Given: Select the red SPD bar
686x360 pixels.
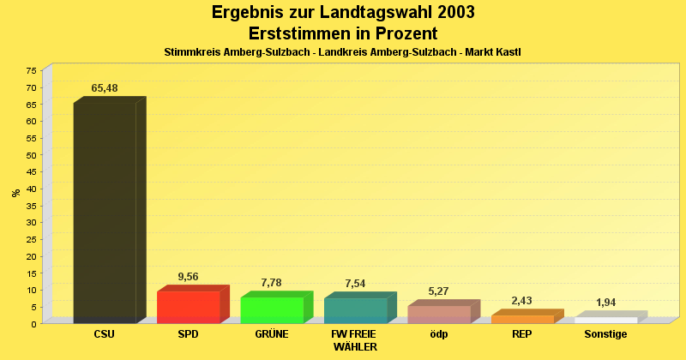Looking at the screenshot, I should point(188,307).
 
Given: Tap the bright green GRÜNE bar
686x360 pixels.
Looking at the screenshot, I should point(272,309).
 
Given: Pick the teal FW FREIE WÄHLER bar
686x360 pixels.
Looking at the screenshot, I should point(355,310).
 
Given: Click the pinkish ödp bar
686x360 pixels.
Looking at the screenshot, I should point(439,314).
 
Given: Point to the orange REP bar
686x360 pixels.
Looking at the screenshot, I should point(522,319).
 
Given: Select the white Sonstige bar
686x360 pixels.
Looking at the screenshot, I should point(605,320).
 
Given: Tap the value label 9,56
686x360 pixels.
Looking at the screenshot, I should point(188,277).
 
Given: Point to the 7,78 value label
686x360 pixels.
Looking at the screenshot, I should point(272,283).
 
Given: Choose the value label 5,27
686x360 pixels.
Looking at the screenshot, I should point(439,291).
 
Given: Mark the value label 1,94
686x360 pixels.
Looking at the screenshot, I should point(605,303).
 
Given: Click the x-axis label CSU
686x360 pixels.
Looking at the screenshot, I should point(104,334).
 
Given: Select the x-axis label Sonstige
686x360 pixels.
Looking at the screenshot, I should point(605,334).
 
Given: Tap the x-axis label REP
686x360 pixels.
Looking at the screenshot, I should point(522,334).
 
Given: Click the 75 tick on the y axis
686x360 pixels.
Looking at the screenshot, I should point(32,70).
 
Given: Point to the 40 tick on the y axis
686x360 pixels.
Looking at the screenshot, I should point(32,189).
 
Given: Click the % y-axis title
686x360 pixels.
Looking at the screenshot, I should point(15,193).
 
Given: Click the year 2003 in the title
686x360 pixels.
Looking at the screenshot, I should point(444,12).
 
